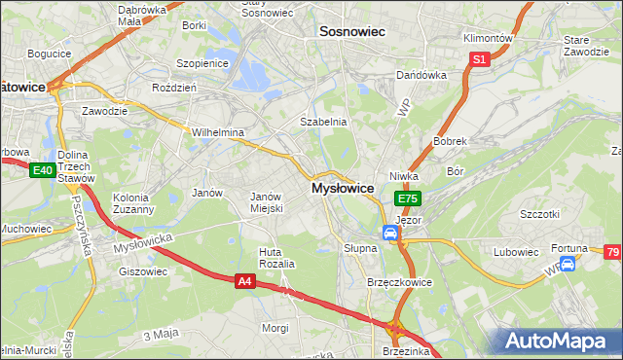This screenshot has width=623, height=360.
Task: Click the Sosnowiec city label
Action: [352, 32]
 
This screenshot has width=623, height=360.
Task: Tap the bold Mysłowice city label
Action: [342, 188]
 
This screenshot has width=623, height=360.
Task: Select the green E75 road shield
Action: [407, 198]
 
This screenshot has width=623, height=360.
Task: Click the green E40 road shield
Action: [41, 171]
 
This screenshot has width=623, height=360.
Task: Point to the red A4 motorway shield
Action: [246, 281]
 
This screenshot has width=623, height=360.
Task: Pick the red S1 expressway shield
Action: [479, 60]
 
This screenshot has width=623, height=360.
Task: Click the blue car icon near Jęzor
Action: [389, 234]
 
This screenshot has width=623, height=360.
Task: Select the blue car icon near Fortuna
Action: [568, 264]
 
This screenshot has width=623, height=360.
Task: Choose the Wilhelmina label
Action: [217, 131]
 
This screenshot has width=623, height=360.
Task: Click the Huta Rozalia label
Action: [276, 258]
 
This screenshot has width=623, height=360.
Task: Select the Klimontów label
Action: [488, 38]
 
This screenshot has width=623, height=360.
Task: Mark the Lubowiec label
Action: [516, 252]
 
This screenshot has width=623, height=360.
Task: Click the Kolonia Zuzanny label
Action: [133, 202]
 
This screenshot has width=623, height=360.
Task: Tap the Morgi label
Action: [275, 328]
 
